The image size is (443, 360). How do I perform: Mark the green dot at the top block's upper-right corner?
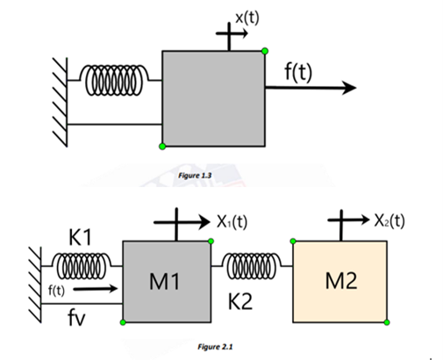265,51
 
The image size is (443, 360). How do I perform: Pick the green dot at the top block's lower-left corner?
162,146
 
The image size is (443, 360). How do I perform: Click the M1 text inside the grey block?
166,284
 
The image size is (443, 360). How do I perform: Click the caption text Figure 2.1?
216,347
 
